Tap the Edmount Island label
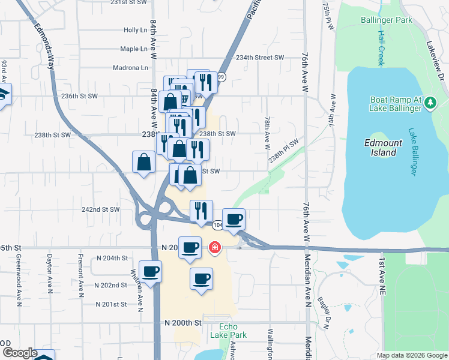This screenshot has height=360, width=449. [381, 148]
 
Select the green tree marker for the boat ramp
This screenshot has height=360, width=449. [430, 104]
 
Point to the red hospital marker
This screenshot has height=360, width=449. [214, 247]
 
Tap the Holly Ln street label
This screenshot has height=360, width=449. [135, 30]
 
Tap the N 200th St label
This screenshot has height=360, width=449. [182, 323]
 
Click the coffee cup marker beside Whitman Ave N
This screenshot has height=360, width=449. [150, 272]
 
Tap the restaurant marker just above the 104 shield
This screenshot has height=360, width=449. [201, 210]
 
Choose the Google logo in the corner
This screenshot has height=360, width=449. [19, 353]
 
